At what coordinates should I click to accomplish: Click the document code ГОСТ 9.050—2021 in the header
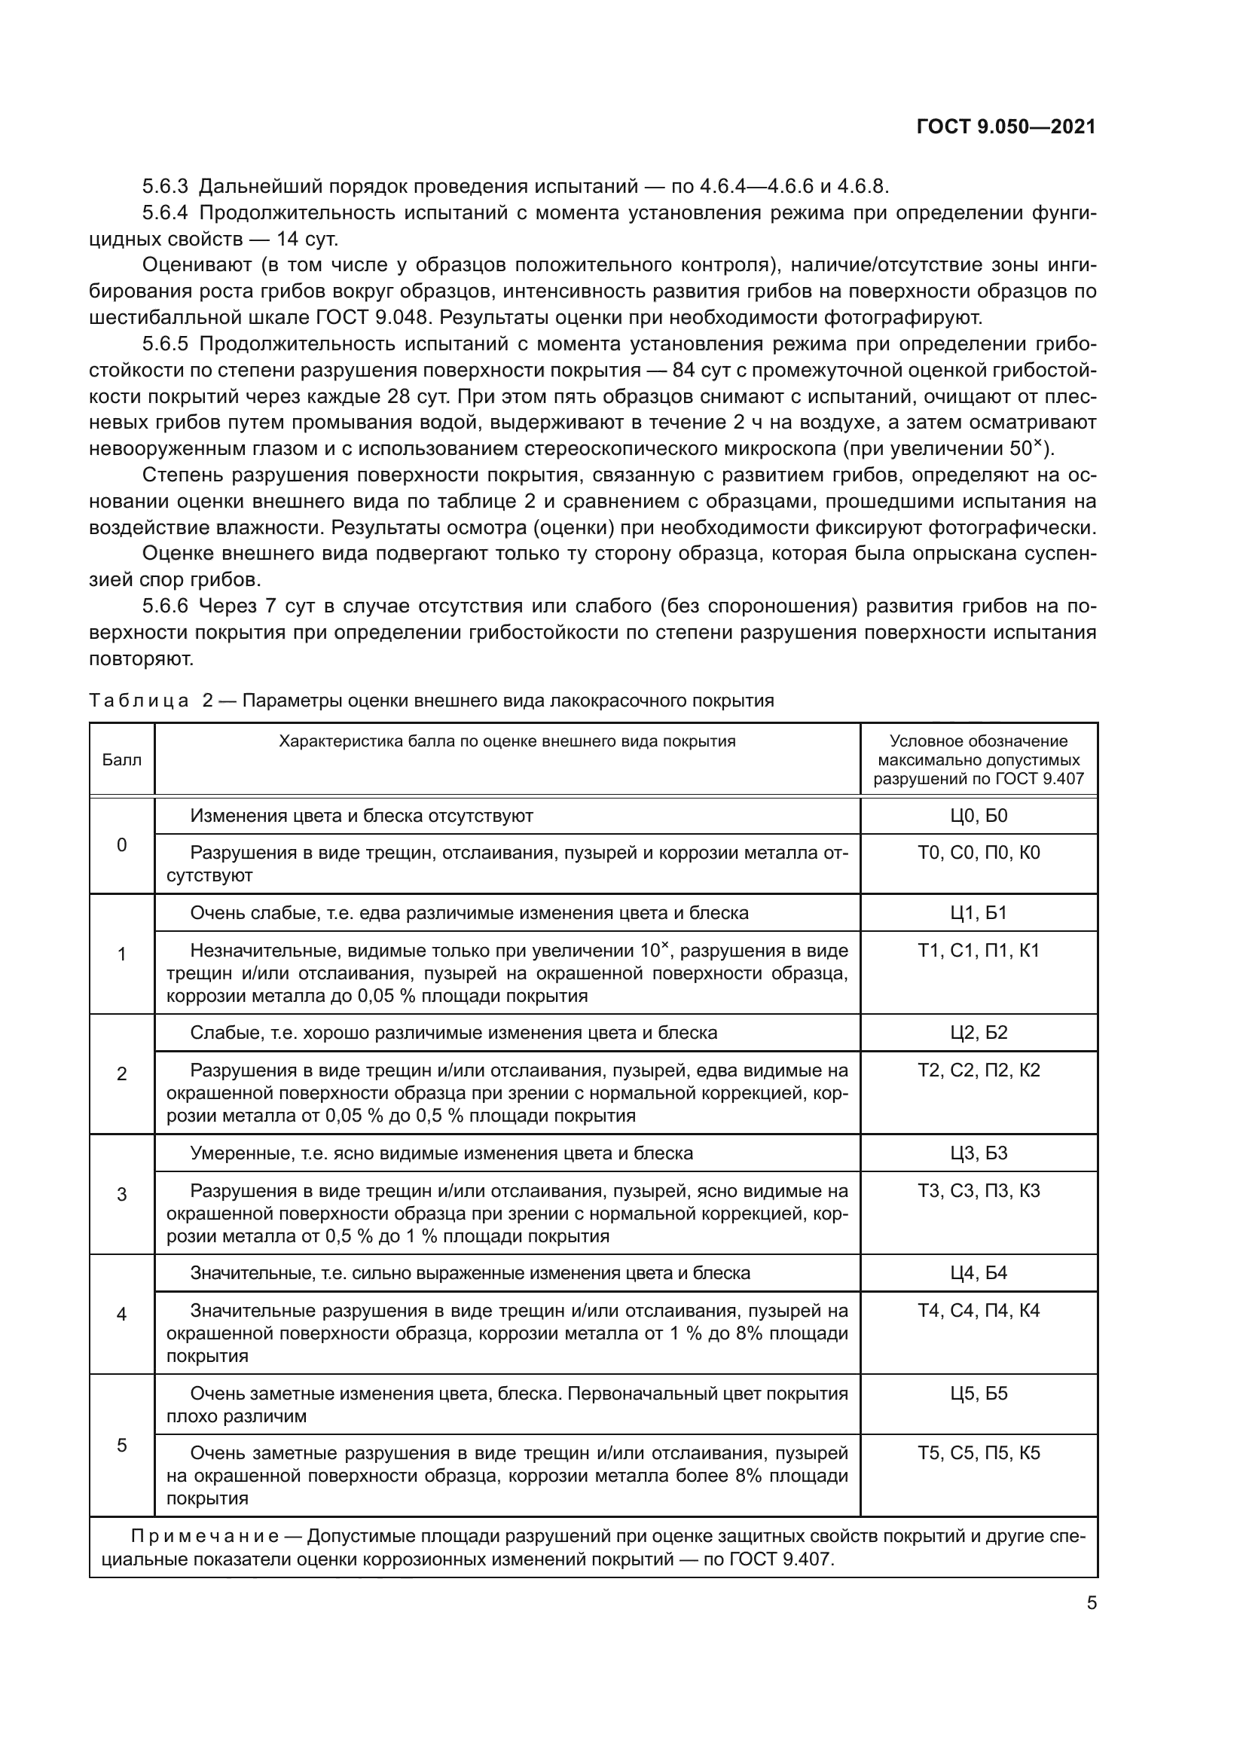coord(1006,127)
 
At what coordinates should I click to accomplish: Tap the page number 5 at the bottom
coord(1091,1603)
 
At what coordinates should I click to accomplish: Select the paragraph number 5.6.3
coord(164,187)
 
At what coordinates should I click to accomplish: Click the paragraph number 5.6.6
coord(164,606)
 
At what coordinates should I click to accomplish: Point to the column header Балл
coord(121,761)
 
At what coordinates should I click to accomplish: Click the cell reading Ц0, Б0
coord(979,816)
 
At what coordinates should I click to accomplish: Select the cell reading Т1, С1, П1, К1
coord(979,951)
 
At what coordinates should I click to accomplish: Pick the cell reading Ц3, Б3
coord(979,1153)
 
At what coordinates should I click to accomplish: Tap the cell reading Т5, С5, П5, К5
coord(979,1452)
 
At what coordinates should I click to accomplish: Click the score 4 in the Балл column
coord(121,1314)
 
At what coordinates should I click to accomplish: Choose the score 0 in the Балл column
coord(121,846)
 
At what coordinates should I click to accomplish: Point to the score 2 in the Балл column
coord(121,1073)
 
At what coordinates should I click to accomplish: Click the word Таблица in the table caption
coord(138,701)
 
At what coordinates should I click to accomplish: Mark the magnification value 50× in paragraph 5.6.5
coord(1025,448)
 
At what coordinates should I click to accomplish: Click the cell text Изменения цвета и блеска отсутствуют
coord(362,816)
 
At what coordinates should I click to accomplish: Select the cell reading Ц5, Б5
coord(979,1394)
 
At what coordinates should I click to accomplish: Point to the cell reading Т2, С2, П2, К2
coord(979,1070)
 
